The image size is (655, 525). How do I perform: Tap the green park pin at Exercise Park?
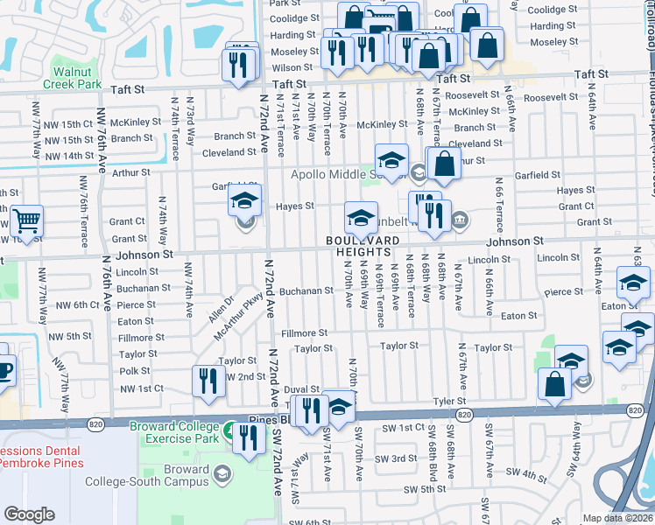pyautogui.click(x=229, y=430)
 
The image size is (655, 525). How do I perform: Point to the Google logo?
pyautogui.click(x=29, y=514)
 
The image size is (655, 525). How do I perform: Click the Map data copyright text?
pyautogui.click(x=618, y=518)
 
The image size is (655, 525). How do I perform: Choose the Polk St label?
pyautogui.click(x=135, y=371)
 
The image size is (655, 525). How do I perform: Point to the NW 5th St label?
pyautogui.click(x=71, y=336)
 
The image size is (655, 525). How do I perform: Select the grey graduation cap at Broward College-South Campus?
pyautogui.click(x=223, y=473)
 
